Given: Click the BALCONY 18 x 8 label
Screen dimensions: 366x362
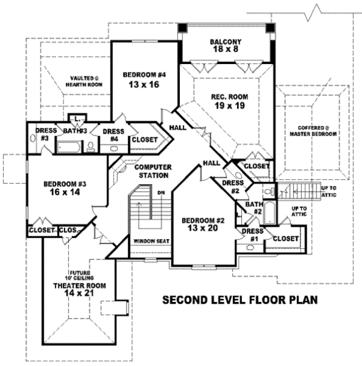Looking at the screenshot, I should (x=227, y=46).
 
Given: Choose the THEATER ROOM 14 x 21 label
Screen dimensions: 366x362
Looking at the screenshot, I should (x=79, y=289).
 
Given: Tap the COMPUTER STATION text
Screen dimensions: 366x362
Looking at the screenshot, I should (x=153, y=171).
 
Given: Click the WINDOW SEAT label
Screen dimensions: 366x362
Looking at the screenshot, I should (x=151, y=242).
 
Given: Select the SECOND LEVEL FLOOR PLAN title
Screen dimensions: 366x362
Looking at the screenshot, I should (x=240, y=300).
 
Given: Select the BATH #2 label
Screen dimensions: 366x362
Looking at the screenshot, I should (x=253, y=208).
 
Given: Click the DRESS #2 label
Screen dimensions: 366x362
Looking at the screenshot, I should (x=232, y=187).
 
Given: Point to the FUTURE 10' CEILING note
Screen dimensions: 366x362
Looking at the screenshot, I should (x=79, y=275).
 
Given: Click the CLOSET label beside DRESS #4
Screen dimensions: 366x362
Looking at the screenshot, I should (x=144, y=140).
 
